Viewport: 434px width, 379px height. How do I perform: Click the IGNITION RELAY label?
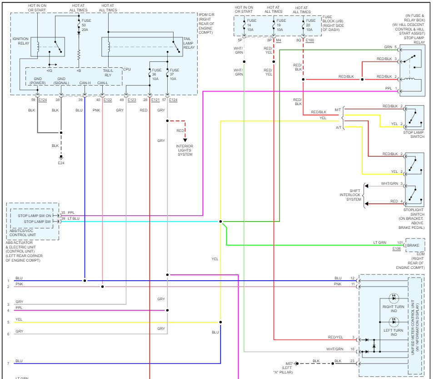coord(20,41)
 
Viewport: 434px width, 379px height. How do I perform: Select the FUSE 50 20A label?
coord(86,25)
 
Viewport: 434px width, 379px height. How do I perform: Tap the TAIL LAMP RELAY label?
coord(189,43)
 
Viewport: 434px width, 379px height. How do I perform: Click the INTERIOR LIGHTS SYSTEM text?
coord(185,150)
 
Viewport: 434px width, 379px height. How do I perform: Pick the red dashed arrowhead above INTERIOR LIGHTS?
coord(185,140)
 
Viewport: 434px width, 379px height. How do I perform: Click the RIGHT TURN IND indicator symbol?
coord(394,298)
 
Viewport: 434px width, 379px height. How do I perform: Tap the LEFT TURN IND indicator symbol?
coord(394,322)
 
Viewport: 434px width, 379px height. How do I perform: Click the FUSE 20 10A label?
coord(310,25)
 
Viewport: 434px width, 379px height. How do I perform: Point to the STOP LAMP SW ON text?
coord(35,216)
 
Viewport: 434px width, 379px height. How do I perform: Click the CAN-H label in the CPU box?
coord(85,83)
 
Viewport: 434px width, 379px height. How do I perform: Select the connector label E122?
coord(108,100)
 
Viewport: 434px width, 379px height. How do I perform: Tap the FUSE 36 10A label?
coord(156,75)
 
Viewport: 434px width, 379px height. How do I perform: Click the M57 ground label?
coord(289,363)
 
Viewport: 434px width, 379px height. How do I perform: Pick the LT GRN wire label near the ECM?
coord(380,243)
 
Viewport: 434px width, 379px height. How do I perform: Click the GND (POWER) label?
coord(38,81)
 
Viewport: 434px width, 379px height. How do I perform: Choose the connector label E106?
coord(397,248)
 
